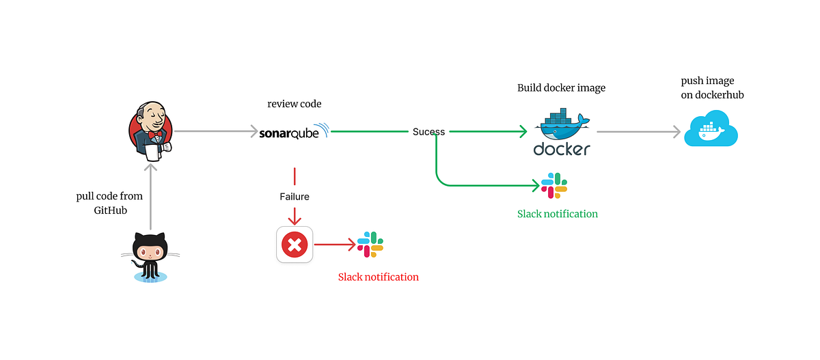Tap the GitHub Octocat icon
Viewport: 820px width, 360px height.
click(150, 256)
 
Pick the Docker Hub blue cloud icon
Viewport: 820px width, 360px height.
click(711, 131)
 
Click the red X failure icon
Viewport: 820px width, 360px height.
click(295, 244)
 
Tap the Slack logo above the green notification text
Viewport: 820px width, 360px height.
click(554, 186)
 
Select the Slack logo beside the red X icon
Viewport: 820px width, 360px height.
click(370, 244)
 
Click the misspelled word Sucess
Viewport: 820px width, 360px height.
click(428, 132)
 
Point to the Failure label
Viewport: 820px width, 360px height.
click(295, 197)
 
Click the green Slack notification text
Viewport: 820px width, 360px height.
click(557, 214)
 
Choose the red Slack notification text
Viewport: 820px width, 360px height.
click(378, 277)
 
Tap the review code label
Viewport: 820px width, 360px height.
click(294, 104)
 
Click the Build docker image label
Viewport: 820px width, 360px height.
click(561, 88)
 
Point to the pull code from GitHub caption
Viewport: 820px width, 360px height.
click(109, 204)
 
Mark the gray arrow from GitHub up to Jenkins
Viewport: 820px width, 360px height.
click(150, 195)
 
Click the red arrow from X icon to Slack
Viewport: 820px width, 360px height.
click(335, 244)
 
